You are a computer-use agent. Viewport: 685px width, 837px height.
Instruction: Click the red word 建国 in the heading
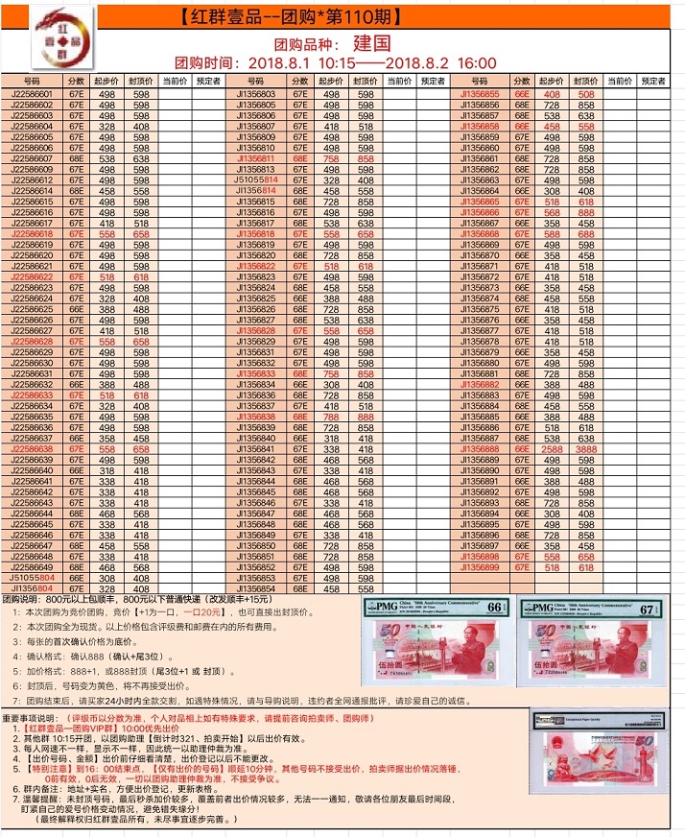[371, 43]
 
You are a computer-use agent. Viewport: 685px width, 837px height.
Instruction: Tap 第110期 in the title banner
[360, 16]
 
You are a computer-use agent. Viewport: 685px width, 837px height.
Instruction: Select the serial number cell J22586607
[32, 158]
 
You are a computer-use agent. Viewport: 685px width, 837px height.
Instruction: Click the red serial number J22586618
[32, 233]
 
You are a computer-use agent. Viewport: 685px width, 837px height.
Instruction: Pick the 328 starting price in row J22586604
[106, 127]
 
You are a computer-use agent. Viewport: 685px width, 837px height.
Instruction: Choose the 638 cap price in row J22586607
[141, 158]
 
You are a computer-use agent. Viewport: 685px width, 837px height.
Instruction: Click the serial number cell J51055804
[32, 579]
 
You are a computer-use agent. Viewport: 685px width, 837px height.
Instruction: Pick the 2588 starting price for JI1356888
[553, 448]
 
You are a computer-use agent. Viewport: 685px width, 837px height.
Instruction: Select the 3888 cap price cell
[586, 448]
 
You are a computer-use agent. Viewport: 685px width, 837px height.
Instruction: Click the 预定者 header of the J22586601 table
[208, 82]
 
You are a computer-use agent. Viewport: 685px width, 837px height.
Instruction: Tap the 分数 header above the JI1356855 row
[522, 82]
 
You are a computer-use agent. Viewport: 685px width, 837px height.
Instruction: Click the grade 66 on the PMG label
[495, 609]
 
